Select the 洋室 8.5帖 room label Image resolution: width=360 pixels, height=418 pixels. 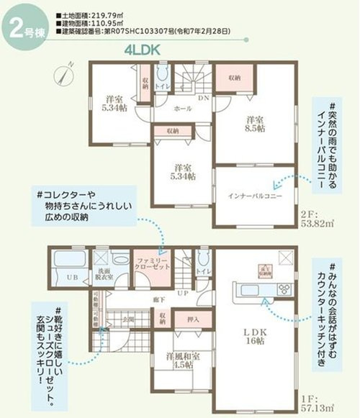tap(256, 123)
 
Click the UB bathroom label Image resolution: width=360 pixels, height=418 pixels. tap(72, 278)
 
